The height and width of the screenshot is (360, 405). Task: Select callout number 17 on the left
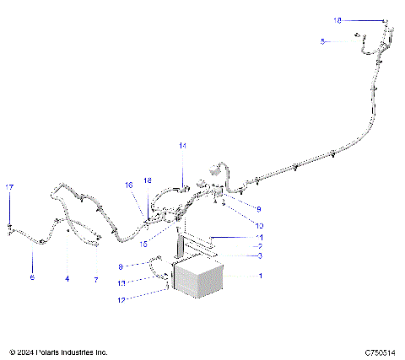[10, 186]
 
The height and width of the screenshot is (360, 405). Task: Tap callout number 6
[33, 277]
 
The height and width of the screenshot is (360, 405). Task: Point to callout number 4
[67, 277]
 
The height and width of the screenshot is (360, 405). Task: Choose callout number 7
[97, 277]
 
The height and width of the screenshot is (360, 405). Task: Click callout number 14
[181, 146]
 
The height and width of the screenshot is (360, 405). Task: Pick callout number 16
[129, 185]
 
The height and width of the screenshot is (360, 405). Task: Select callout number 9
[259, 208]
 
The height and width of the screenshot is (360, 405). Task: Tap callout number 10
[260, 226]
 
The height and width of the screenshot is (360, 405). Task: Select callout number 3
[260, 255]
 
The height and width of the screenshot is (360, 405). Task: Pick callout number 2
[260, 246]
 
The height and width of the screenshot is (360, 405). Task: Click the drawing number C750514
[381, 352]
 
